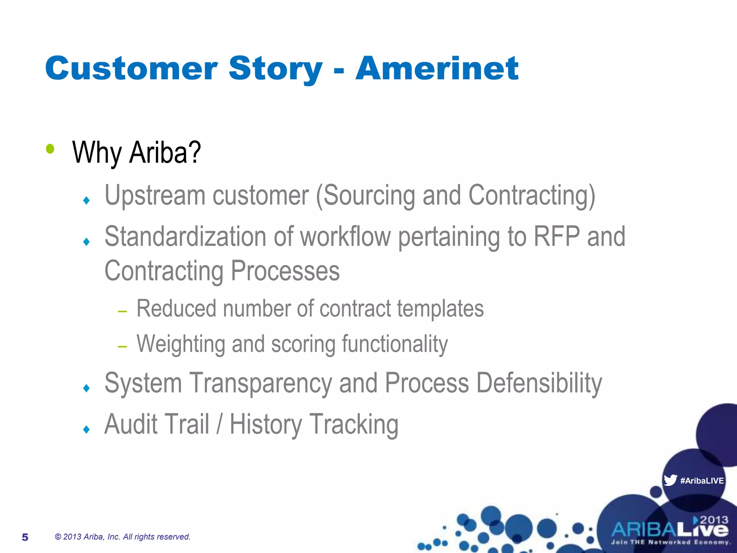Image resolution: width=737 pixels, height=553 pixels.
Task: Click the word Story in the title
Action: [x=275, y=69]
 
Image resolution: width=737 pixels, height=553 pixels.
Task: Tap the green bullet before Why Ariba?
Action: [x=50, y=149]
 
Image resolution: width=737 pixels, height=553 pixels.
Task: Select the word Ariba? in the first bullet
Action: [x=165, y=153]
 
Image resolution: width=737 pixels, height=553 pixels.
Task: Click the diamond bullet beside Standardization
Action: [x=86, y=242]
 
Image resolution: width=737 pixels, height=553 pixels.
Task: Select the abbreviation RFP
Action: [x=556, y=237]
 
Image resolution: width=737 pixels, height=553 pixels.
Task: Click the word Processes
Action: [x=285, y=271]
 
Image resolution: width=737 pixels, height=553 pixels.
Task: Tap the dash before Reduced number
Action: [x=122, y=311]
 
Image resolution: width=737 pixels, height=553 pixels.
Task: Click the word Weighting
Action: [x=181, y=344]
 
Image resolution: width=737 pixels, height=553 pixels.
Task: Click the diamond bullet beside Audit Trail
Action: [x=86, y=429]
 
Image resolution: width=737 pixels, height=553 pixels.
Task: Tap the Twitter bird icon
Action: [x=670, y=480]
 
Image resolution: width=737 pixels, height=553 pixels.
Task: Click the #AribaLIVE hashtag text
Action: [x=702, y=481]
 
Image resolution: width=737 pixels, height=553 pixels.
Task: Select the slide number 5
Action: [x=25, y=537]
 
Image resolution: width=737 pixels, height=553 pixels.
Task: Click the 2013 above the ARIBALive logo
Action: [x=714, y=520]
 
